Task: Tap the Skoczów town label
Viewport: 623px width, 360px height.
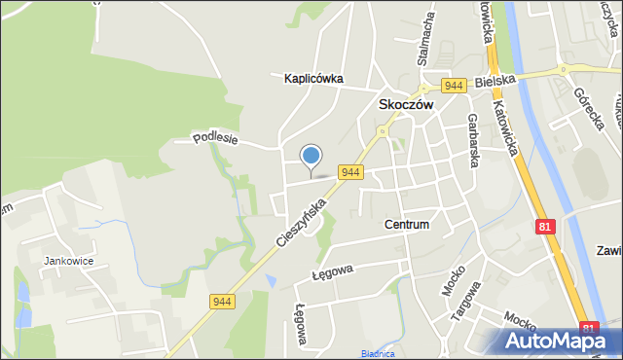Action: point(405,105)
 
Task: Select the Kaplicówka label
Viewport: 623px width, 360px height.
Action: point(313,79)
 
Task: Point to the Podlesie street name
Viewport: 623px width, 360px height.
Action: point(215,138)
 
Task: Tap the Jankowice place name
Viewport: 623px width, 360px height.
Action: point(67,261)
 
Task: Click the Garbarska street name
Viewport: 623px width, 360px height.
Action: point(471,140)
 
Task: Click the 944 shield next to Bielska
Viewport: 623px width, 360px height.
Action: point(452,86)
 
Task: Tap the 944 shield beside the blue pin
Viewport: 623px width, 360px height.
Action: point(351,172)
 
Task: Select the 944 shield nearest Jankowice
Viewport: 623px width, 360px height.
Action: point(222,303)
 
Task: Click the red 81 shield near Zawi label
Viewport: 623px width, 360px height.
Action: point(546,226)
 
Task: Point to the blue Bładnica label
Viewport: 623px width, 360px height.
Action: point(378,354)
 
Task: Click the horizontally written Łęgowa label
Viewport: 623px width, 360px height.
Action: point(334,269)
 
